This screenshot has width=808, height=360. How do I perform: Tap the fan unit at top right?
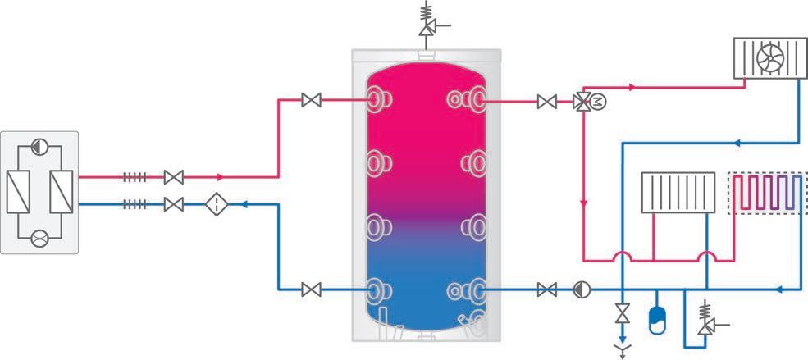[769, 60]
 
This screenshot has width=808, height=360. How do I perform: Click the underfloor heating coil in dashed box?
[765, 194]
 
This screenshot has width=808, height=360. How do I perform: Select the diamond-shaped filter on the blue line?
[217, 204]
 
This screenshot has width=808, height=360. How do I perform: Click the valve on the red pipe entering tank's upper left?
[311, 101]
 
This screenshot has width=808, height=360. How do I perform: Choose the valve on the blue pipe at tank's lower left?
[311, 289]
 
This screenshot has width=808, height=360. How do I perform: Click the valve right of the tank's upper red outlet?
[546, 102]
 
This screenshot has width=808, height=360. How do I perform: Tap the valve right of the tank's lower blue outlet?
[546, 289]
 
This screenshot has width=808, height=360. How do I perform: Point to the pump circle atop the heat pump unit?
[39, 148]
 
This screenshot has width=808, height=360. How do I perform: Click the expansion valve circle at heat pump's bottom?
[39, 238]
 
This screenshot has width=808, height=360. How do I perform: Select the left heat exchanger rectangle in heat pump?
[17, 194]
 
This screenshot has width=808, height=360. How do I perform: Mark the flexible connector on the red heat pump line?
[135, 176]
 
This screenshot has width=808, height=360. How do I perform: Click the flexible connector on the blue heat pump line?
[135, 204]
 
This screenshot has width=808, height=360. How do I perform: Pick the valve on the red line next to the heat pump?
[173, 176]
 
